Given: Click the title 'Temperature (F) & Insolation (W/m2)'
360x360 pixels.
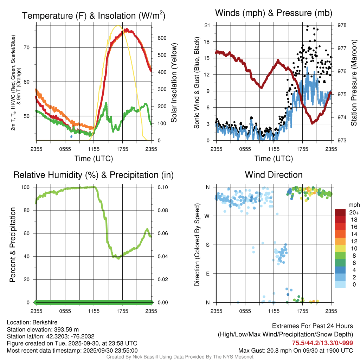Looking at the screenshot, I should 94,15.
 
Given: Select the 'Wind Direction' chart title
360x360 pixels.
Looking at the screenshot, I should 274,175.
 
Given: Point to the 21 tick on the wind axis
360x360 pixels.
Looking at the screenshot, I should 207,25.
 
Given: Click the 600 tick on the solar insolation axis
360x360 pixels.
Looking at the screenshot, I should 162,38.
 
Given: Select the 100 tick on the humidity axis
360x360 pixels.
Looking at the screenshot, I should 27,187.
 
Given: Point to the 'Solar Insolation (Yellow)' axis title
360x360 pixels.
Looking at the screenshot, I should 174,83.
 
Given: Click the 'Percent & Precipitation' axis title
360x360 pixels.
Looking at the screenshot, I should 12,245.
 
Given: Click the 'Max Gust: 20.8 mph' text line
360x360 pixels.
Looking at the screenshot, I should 296,351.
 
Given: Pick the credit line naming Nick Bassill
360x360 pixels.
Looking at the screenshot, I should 180,357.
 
